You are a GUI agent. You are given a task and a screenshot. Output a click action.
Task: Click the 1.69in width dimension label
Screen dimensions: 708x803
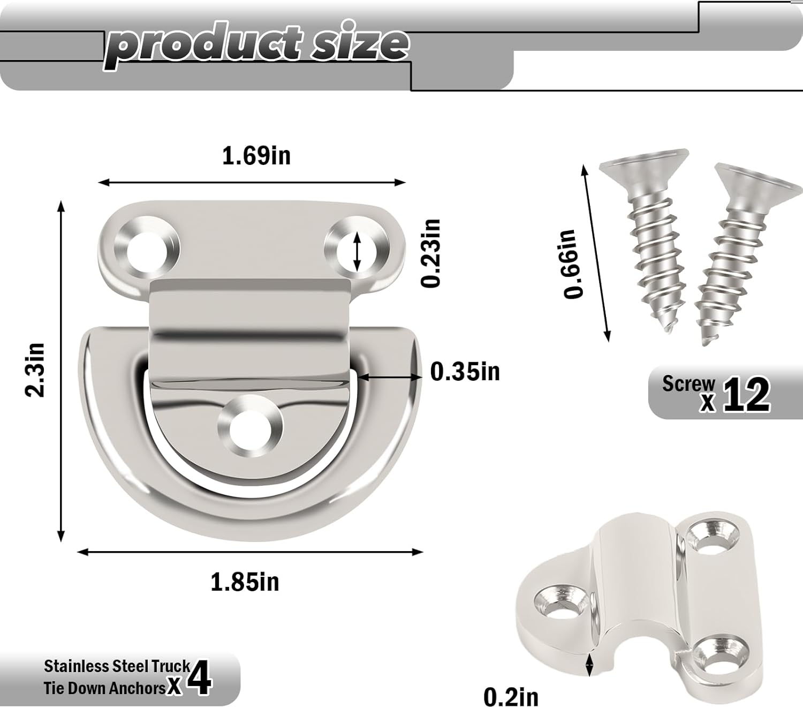pyautogui.click(x=256, y=156)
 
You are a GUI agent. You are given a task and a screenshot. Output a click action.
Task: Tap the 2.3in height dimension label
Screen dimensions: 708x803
pyautogui.click(x=36, y=370)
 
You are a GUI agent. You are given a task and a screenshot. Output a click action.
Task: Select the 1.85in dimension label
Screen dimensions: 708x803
pyautogui.click(x=245, y=582)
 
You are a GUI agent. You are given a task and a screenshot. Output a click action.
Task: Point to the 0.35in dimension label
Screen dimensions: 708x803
pyautogui.click(x=465, y=371)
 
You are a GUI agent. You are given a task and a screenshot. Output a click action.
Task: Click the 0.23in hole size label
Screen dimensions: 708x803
pyautogui.click(x=431, y=253)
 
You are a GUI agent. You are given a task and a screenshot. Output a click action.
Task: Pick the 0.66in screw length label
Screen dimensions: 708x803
pyautogui.click(x=570, y=263)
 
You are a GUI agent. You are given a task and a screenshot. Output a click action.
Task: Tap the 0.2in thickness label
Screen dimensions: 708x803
pyautogui.click(x=511, y=697)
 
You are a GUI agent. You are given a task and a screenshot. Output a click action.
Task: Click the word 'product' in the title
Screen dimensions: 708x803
pyautogui.click(x=203, y=45)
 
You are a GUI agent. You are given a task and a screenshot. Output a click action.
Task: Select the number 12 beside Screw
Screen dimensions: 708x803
pyautogui.click(x=747, y=395)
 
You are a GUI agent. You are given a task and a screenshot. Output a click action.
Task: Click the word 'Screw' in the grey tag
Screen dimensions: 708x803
pyautogui.click(x=688, y=383)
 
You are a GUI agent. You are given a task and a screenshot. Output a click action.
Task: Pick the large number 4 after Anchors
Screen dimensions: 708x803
pyautogui.click(x=201, y=678)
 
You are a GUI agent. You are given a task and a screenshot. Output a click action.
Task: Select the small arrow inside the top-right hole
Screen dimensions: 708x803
pyautogui.click(x=358, y=251)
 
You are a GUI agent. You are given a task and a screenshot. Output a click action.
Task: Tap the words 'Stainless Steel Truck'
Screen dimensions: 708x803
pyautogui.click(x=117, y=666)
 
